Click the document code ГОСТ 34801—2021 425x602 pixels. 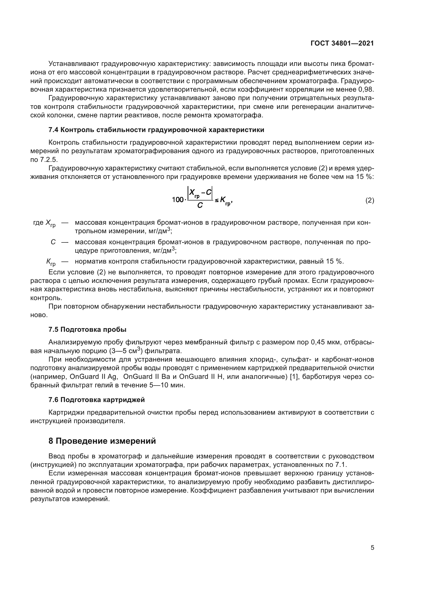click(x=342, y=43)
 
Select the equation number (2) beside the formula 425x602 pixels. click(x=369, y=200)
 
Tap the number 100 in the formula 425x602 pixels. click(x=178, y=200)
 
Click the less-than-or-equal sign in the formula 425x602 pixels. click(x=216, y=200)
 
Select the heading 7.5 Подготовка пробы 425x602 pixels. click(x=87, y=330)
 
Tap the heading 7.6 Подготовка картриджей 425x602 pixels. click(x=97, y=400)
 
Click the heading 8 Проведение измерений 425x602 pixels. click(x=102, y=441)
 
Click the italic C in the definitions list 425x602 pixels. click(x=53, y=242)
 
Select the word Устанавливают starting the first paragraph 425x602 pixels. click(x=73, y=64)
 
